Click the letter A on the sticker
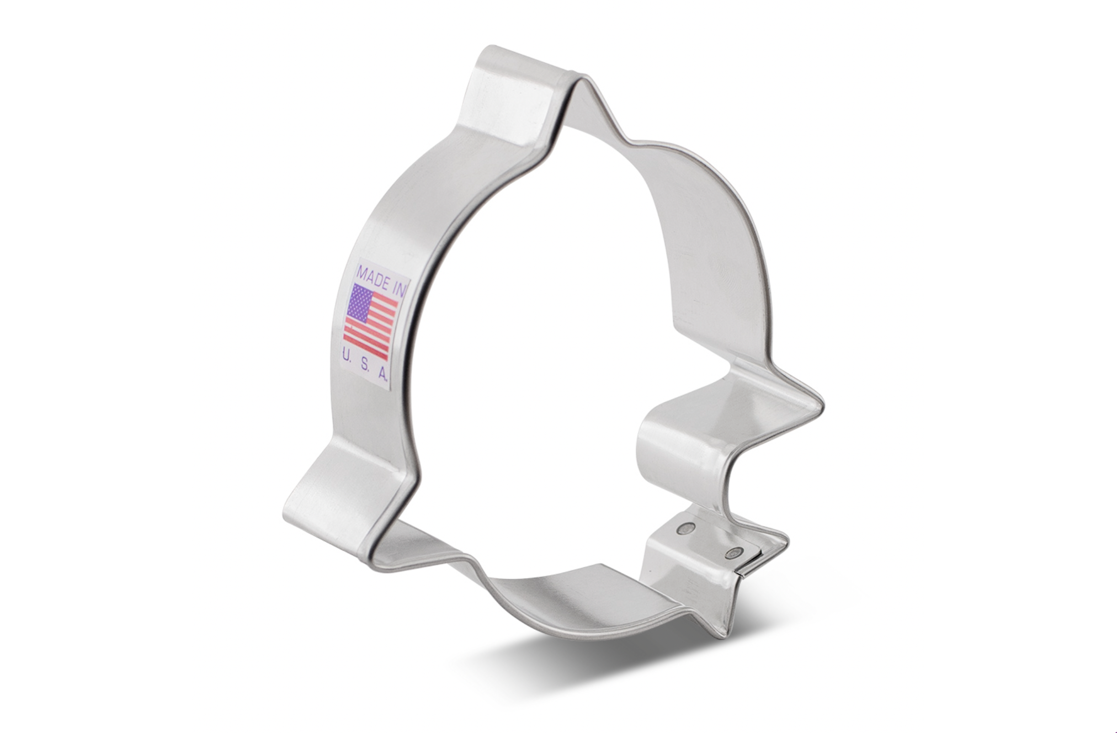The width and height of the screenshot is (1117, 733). tap(382, 374)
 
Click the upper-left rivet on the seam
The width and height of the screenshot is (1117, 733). tap(686, 529)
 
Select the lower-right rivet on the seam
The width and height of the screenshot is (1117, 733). tap(734, 553)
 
